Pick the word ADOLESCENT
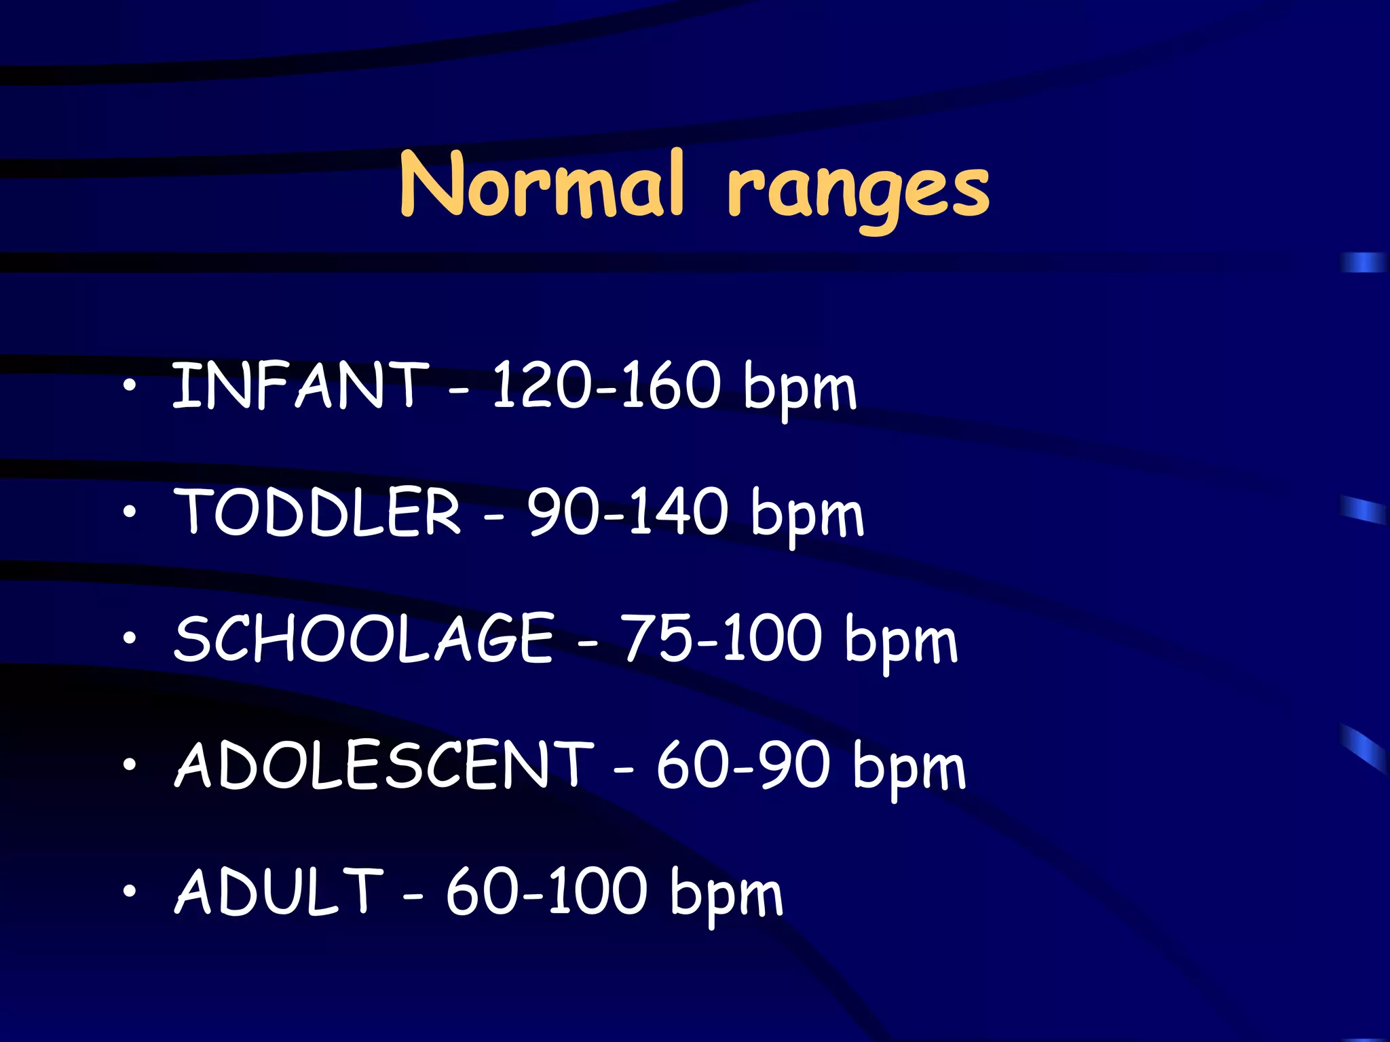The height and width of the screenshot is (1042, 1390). coord(384,765)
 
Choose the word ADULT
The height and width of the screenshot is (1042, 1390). coord(279,891)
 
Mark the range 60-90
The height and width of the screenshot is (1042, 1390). coord(743,765)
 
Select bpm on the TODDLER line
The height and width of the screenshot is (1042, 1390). coord(808,516)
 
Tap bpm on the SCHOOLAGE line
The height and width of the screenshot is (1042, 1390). coord(901,642)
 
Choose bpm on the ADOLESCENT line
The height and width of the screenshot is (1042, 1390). coord(909,769)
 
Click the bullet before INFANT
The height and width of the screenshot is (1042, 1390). coord(129,386)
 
